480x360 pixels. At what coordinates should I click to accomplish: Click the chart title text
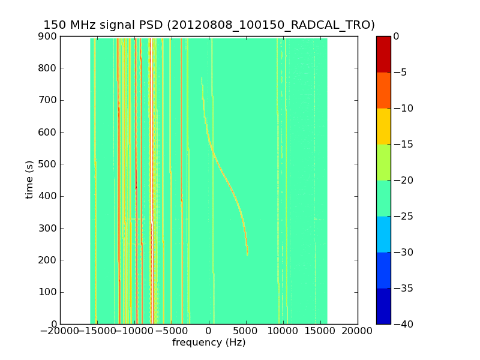[209, 25]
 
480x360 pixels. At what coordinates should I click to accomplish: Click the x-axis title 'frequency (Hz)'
[209, 343]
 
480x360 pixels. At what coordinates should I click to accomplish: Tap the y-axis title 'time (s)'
[29, 180]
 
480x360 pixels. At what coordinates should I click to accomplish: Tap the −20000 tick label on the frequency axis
[60, 331]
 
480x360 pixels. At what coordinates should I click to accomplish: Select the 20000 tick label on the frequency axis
[358, 331]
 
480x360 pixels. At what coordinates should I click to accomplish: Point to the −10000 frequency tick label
[134, 331]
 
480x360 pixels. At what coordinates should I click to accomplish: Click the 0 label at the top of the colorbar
[396, 37]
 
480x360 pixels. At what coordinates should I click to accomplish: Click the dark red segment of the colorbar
[383, 54]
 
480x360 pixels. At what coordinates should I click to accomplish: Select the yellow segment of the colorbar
[383, 126]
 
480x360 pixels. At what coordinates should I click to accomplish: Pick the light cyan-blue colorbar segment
[383, 234]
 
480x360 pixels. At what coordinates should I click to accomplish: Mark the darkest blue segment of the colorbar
[383, 306]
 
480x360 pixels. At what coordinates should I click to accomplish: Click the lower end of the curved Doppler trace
[247, 255]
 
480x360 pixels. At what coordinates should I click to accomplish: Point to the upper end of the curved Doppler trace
[202, 78]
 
